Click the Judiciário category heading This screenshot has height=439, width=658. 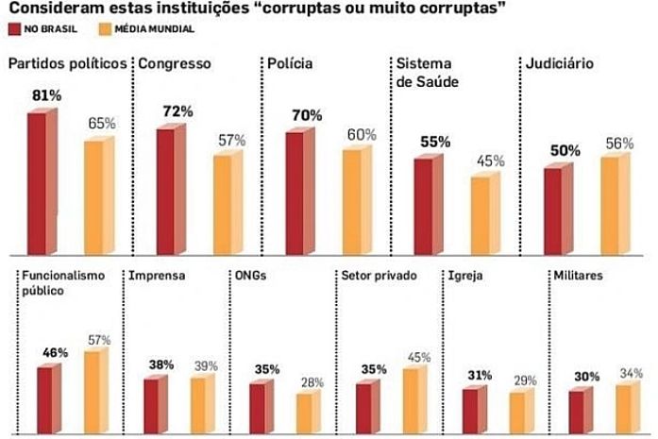[559, 65]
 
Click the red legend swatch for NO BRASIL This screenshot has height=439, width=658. [15, 29]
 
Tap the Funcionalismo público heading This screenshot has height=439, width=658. [59, 283]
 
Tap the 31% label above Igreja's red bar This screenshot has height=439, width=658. [480, 375]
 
